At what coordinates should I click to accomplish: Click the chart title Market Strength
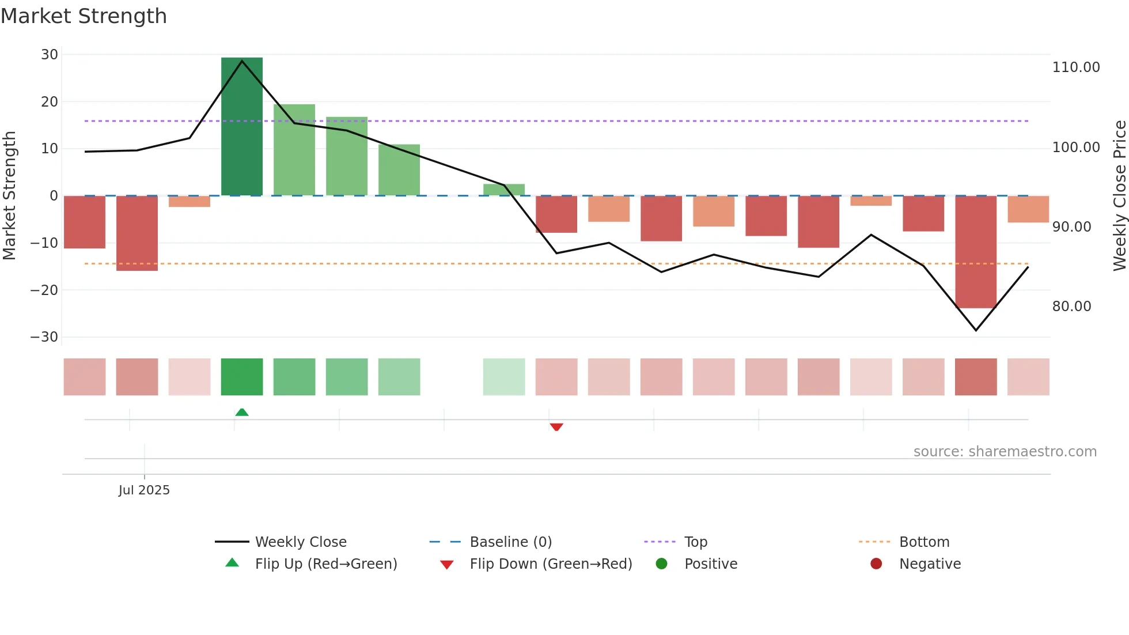click(84, 16)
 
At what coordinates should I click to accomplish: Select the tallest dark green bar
click(242, 127)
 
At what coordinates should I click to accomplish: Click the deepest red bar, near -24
click(976, 252)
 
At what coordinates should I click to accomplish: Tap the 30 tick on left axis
click(50, 55)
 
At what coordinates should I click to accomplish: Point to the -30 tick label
click(44, 337)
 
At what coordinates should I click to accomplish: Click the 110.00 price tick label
click(1075, 67)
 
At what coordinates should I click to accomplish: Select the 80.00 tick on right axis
click(1071, 307)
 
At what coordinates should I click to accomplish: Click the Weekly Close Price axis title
click(1119, 196)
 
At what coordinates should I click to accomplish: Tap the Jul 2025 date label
click(144, 490)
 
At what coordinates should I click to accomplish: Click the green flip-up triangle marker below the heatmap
click(242, 412)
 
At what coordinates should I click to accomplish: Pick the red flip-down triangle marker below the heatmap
click(556, 427)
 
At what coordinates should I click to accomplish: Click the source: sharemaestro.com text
click(1005, 452)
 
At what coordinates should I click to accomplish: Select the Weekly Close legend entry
click(300, 542)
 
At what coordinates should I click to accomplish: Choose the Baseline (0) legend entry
click(510, 542)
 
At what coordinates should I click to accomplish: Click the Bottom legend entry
click(924, 542)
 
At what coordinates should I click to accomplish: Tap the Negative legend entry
click(930, 564)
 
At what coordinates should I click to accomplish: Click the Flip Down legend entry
click(550, 564)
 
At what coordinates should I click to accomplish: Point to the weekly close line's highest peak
click(242, 61)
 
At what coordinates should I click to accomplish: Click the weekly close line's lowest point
click(976, 330)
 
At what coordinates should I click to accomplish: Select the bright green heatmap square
click(242, 377)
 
